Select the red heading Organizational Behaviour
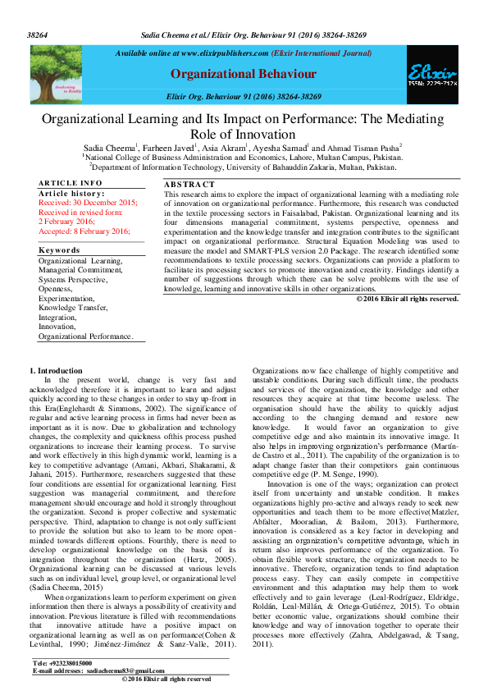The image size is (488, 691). pyautogui.click(x=243, y=75)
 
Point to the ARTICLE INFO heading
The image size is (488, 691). pyautogui.click(x=71, y=183)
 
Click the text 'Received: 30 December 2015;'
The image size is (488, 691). pyautogui.click(x=88, y=202)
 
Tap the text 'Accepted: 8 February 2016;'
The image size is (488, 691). pyautogui.click(x=84, y=231)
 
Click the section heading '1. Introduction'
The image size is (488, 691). pyautogui.click(x=56, y=371)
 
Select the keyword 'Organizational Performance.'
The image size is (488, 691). pyautogui.click(x=85, y=336)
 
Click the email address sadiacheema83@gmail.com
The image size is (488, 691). pyautogui.click(x=119, y=670)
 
